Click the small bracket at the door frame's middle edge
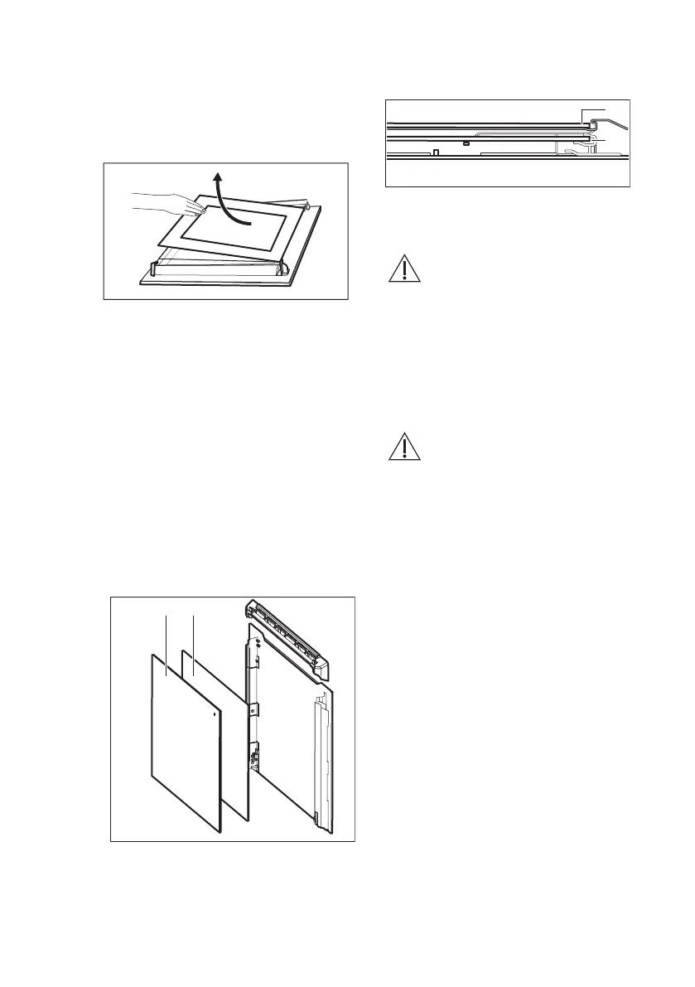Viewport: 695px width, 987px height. click(254, 710)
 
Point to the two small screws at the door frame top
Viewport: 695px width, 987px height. click(259, 644)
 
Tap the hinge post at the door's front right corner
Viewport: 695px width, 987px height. click(282, 267)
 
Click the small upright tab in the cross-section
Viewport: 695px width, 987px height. click(436, 152)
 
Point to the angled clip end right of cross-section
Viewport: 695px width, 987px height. click(616, 123)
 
